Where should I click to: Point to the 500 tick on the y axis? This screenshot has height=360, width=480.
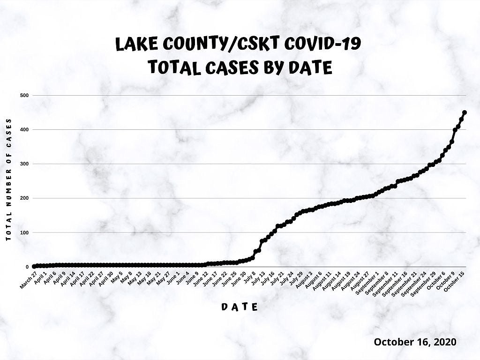pyautogui.click(x=24, y=95)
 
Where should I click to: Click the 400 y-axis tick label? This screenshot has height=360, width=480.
pyautogui.click(x=24, y=129)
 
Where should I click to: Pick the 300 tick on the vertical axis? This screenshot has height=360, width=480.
pyautogui.click(x=24, y=164)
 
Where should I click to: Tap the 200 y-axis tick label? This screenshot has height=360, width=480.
pyautogui.click(x=24, y=198)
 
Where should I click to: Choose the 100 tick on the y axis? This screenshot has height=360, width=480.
pyautogui.click(x=24, y=232)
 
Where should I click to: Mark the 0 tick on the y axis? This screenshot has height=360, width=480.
pyautogui.click(x=27, y=267)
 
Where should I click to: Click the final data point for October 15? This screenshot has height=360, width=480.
pyautogui.click(x=465, y=112)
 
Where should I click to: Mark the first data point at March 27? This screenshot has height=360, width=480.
pyautogui.click(x=34, y=266)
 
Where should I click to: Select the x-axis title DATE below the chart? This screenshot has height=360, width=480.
pyautogui.click(x=240, y=307)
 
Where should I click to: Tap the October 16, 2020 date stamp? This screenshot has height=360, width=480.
pyautogui.click(x=415, y=342)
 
